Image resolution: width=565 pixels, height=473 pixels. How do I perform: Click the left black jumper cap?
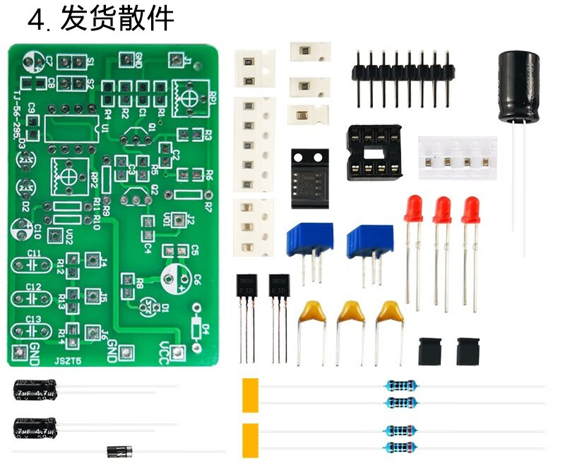[431, 350]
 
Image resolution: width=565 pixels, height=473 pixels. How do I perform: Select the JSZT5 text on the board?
[69, 360]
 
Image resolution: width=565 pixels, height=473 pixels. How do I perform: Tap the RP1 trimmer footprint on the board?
[187, 93]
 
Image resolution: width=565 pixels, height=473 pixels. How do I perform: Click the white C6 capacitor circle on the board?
[173, 278]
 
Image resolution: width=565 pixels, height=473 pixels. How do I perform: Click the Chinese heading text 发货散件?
[117, 19]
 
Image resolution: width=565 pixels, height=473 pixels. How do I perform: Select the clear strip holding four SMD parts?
[456, 158]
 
